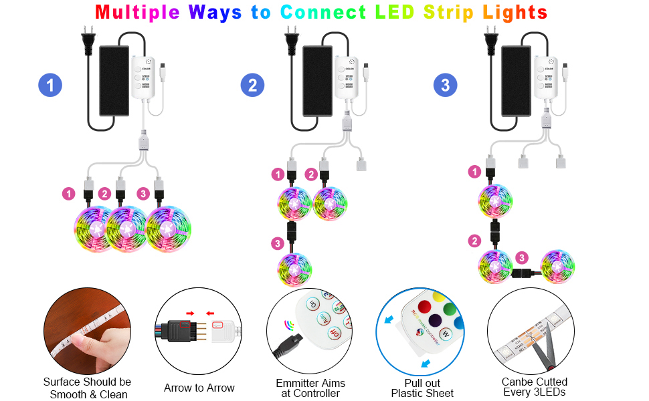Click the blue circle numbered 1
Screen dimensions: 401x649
click(x=50, y=86)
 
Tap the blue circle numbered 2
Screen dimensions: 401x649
click(x=252, y=86)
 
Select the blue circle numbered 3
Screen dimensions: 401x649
click(x=446, y=86)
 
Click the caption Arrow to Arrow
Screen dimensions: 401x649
click(x=199, y=388)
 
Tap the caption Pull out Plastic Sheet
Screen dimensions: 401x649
click(x=422, y=388)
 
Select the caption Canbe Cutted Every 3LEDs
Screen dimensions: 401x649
click(x=534, y=387)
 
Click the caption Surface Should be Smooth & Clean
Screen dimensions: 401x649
click(x=87, y=388)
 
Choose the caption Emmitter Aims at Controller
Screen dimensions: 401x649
click(x=310, y=388)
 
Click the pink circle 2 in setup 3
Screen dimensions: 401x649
click(x=474, y=241)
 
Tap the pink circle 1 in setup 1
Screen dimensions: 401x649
click(x=68, y=194)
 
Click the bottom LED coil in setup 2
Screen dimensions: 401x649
click(x=294, y=269)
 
